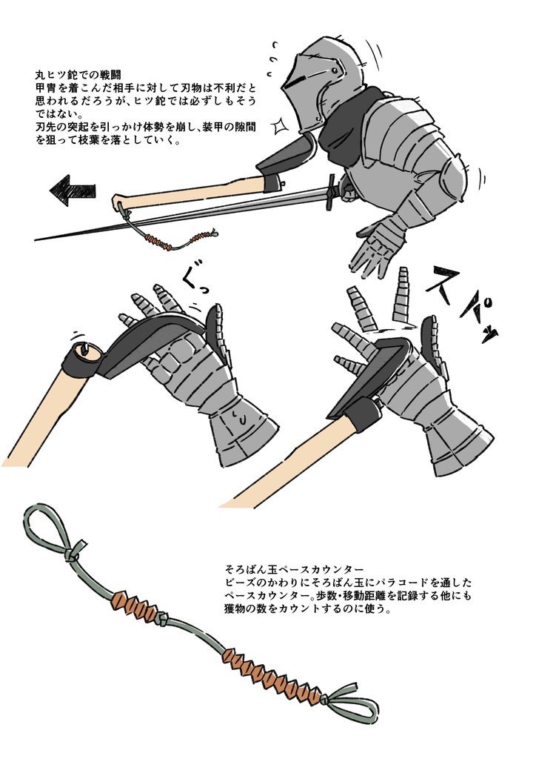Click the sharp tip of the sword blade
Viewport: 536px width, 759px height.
[38, 239]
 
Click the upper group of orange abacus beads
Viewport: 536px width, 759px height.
[136, 606]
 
